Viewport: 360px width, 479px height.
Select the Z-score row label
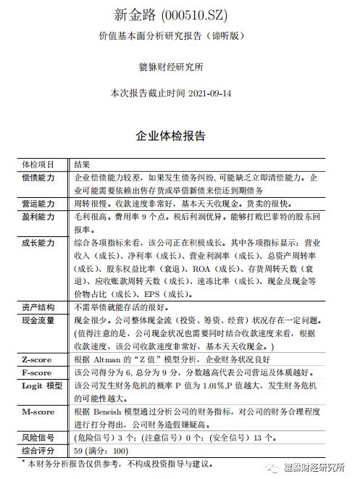point(35,359)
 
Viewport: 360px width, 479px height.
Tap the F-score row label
point(35,372)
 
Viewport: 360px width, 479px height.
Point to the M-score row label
point(36,412)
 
